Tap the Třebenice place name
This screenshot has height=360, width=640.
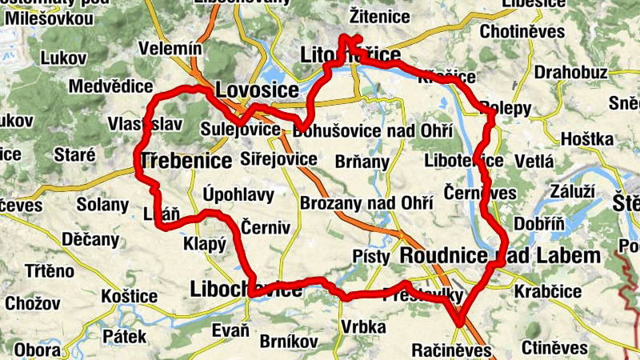[186, 161]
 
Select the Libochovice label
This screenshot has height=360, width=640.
[246, 290]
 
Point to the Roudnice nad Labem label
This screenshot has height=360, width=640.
[499, 256]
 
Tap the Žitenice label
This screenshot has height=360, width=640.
[380, 16]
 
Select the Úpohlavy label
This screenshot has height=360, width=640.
[238, 194]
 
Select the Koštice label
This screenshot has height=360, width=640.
[130, 297]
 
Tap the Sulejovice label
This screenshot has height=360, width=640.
[241, 130]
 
